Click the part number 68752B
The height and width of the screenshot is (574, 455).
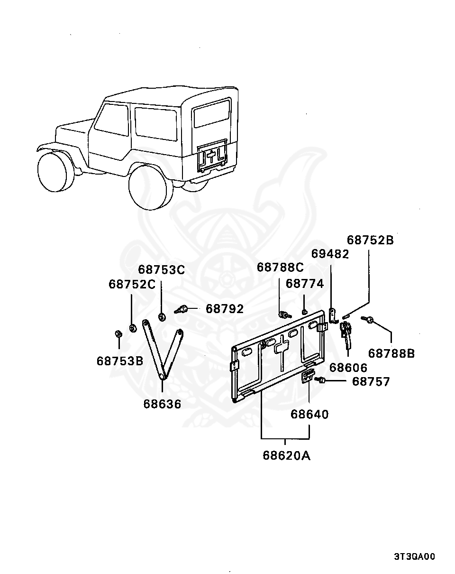coord(370,240)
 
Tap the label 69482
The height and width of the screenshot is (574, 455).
coord(330,254)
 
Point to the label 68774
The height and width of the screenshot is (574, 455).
coord(305,284)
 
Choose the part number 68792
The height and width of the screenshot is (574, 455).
coord(225,309)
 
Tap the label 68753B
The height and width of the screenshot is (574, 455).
coord(120,361)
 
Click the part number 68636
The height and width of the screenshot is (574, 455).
coord(162,404)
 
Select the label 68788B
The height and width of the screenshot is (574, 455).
coord(391,354)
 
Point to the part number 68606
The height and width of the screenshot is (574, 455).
coord(348,368)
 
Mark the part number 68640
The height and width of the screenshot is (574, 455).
coord(309,414)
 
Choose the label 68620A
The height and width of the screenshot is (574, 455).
coord(287,455)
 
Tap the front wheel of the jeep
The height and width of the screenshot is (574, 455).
coord(56,172)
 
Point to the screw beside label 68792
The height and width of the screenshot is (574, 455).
coord(181,310)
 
